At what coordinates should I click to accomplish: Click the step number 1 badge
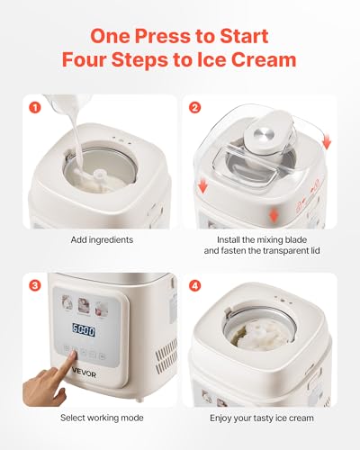[x=36, y=109]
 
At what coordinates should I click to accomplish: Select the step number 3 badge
[x=36, y=286]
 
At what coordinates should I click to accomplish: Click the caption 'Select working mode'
[x=99, y=418]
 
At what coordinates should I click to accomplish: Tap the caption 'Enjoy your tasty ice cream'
[x=262, y=418]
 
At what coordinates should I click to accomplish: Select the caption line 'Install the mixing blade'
[x=262, y=240]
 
